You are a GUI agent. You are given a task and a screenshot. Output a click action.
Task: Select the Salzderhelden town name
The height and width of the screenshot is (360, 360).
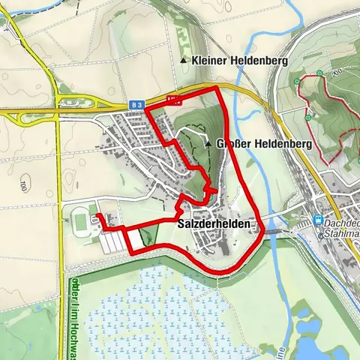point(213,224)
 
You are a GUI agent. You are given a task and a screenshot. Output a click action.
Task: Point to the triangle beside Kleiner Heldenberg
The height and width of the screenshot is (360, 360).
point(183,59)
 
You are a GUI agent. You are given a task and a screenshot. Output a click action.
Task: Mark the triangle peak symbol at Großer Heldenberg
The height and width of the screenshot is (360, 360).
point(209,142)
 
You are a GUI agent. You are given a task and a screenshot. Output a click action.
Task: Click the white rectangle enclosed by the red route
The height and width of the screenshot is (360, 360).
point(134,238)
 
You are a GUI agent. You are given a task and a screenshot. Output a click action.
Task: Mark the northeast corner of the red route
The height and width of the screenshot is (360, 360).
point(217,88)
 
